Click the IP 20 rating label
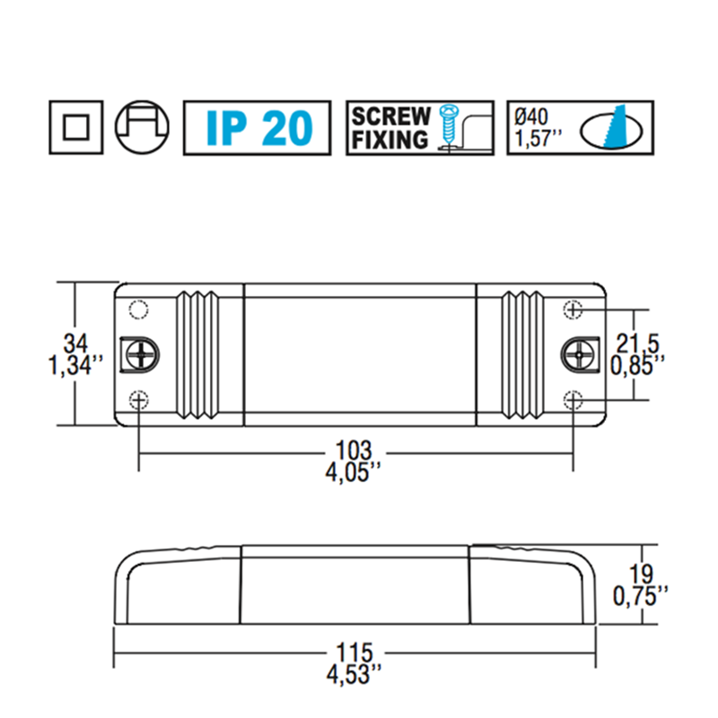tap(259, 127)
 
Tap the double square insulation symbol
tap(74, 127)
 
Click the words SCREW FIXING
tap(391, 127)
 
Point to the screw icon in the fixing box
tap(448, 127)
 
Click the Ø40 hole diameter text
tap(534, 116)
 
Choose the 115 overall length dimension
tap(357, 650)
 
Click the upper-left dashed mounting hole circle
tap(137, 310)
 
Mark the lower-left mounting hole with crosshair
tap(138, 399)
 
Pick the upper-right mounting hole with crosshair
tap(573, 310)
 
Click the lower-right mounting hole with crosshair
tap(573, 399)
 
